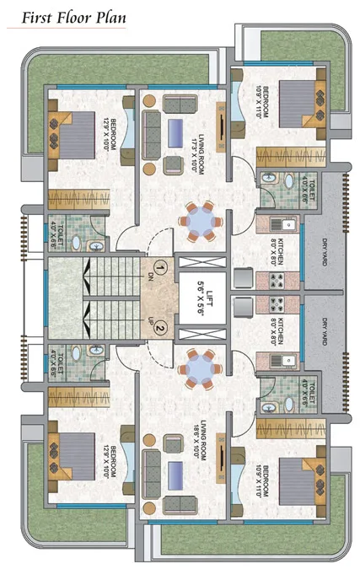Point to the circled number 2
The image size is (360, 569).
(160, 330)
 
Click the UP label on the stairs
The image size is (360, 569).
(152, 323)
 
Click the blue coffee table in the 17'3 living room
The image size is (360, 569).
(178, 132)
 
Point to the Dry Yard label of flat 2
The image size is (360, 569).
(324, 330)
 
